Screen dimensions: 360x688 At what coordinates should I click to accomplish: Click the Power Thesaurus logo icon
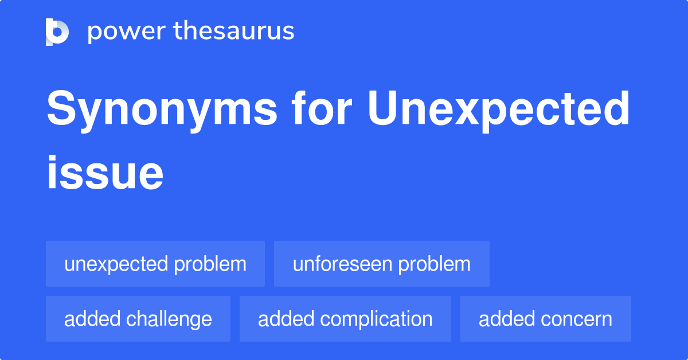point(57,32)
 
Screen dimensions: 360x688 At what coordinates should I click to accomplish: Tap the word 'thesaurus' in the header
point(234,32)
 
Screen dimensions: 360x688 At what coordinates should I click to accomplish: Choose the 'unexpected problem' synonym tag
point(155,264)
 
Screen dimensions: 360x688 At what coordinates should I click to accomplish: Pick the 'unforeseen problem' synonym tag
point(382,264)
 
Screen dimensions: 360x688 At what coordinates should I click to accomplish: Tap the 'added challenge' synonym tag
point(138,319)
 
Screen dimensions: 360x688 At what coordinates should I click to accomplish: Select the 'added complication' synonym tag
point(345,319)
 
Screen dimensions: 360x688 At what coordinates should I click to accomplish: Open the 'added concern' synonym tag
point(545,319)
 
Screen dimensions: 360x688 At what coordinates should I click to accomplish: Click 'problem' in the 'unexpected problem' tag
point(210,264)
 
